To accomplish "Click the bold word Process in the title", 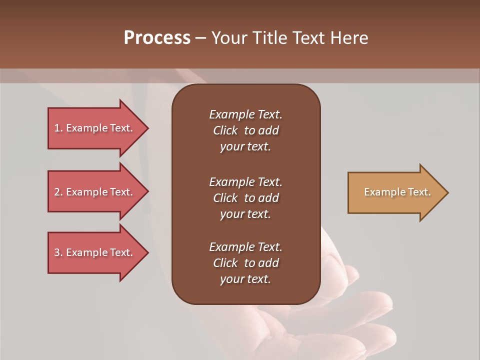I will (x=157, y=38).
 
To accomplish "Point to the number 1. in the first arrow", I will (x=58, y=128).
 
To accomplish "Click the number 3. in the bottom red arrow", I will (x=58, y=253).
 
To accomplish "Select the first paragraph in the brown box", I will (x=245, y=130).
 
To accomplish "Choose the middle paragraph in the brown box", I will (x=245, y=198).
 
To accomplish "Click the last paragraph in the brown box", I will (x=245, y=263).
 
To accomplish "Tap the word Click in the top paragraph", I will (x=225, y=131).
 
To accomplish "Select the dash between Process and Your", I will (x=200, y=38).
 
